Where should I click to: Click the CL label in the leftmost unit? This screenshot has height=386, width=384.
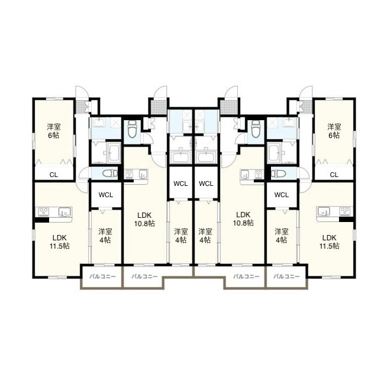(x=54, y=175)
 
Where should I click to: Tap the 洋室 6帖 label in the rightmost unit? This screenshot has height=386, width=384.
(x=334, y=131)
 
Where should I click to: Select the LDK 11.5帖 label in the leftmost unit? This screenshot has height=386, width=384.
(x=60, y=242)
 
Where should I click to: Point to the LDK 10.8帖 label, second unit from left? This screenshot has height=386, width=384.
(x=144, y=219)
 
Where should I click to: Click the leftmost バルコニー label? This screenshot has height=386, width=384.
(x=102, y=276)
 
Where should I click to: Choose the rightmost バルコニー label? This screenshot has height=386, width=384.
(x=287, y=276)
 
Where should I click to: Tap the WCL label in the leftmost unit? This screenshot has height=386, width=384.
(x=106, y=195)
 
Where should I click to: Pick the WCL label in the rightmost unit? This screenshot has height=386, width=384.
(x=282, y=195)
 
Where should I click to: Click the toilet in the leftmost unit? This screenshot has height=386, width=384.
(x=109, y=173)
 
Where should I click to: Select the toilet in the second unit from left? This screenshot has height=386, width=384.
(x=133, y=128)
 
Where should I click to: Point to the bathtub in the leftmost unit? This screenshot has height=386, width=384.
(x=113, y=153)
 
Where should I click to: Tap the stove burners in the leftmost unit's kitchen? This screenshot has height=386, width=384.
(x=44, y=211)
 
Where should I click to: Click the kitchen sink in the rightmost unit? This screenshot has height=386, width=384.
(x=324, y=211)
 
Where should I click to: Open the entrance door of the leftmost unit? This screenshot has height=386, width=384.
(x=81, y=92)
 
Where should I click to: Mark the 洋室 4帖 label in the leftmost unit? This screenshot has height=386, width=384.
(x=105, y=236)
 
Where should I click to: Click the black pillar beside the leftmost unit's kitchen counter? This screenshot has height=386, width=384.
(x=41, y=220)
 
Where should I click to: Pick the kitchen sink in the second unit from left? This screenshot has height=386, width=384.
(x=143, y=174)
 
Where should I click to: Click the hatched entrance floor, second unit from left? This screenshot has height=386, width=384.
(x=159, y=107)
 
